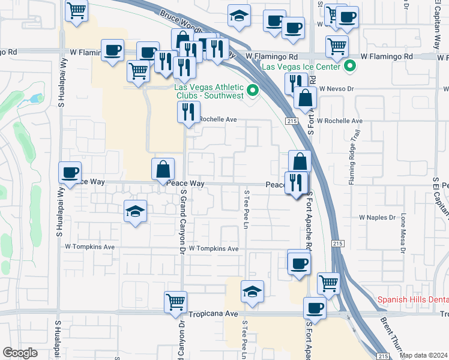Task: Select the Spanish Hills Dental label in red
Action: [x=412, y=299]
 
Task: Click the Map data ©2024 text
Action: [x=424, y=355]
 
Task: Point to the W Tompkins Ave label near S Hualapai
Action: [x=89, y=247]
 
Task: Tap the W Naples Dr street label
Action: [x=378, y=217]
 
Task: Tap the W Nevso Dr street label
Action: [x=337, y=88]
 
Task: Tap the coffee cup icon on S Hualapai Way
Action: [x=70, y=173]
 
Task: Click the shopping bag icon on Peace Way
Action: [x=163, y=169]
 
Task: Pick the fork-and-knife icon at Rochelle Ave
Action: [x=188, y=112]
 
